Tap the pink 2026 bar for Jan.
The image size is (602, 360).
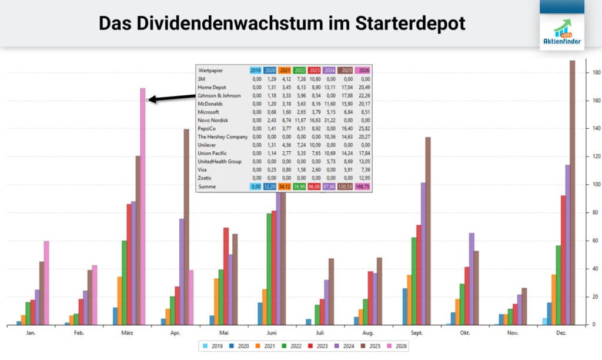point(46,282)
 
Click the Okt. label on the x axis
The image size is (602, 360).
point(464,334)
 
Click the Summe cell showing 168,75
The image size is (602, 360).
point(363,186)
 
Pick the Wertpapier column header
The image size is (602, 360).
point(211,70)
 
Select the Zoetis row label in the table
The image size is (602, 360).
point(205,178)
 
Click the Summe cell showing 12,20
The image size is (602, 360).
point(270,186)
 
